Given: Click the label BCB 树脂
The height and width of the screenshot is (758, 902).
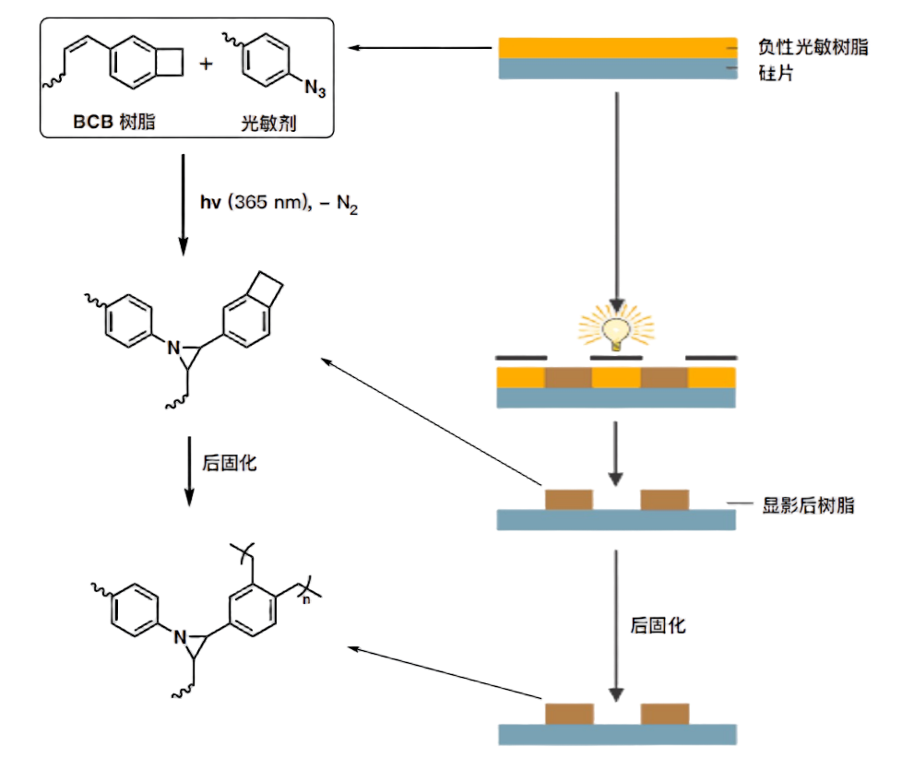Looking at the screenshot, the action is pyautogui.click(x=113, y=122).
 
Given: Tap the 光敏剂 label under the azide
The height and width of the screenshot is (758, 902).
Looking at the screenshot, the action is pyautogui.click(x=268, y=123).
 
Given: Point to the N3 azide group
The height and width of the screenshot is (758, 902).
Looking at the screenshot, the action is pyautogui.click(x=315, y=88).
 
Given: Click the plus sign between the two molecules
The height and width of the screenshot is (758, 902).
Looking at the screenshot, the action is pyautogui.click(x=206, y=64).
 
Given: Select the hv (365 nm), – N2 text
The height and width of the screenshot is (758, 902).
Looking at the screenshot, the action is pyautogui.click(x=279, y=203).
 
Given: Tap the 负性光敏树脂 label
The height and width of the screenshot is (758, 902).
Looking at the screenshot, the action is pyautogui.click(x=813, y=47).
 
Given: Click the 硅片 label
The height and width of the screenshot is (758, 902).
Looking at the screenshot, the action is pyautogui.click(x=776, y=73).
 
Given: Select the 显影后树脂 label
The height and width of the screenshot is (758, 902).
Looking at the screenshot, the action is pyautogui.click(x=808, y=505).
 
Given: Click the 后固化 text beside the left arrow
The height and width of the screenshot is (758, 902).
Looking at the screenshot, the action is pyautogui.click(x=229, y=463).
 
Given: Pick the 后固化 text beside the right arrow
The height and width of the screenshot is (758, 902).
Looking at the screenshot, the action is pyautogui.click(x=659, y=625).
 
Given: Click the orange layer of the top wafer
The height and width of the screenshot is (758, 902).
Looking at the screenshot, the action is pyautogui.click(x=617, y=48).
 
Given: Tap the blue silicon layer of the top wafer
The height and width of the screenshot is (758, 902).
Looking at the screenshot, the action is pyautogui.click(x=617, y=68).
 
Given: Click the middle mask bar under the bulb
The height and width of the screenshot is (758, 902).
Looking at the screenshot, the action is pyautogui.click(x=616, y=358).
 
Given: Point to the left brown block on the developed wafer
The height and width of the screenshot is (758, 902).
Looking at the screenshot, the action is pyautogui.click(x=569, y=500).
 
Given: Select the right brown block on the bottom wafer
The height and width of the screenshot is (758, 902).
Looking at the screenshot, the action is pyautogui.click(x=665, y=714).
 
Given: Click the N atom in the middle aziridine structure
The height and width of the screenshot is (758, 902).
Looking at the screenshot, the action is pyautogui.click(x=173, y=348).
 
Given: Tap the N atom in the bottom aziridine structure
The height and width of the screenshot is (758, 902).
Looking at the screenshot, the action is pyautogui.click(x=180, y=637).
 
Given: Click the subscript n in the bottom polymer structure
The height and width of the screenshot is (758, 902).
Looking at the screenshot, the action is pyautogui.click(x=306, y=599).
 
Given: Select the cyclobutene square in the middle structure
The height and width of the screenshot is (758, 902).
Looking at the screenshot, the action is pyautogui.click(x=265, y=289).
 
